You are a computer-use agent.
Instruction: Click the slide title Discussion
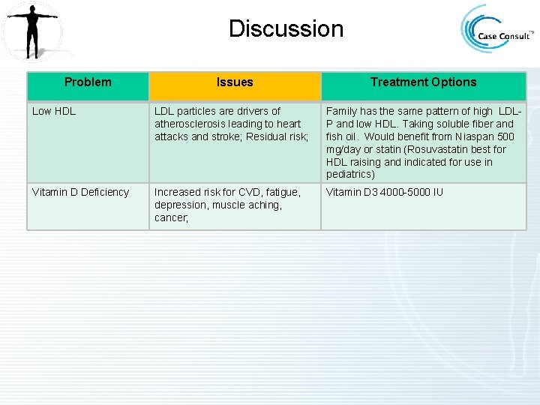point(286,29)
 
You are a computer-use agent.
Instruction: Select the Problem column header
point(88,82)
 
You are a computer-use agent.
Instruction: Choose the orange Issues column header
point(235,82)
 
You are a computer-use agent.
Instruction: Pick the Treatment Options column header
point(423,82)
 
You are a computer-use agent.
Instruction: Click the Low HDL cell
point(54,112)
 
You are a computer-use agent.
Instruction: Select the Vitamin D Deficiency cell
point(80,193)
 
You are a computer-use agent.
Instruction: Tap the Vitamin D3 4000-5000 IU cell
point(385,193)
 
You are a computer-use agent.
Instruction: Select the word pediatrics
point(348,175)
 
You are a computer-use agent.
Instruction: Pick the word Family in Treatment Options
point(341,112)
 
